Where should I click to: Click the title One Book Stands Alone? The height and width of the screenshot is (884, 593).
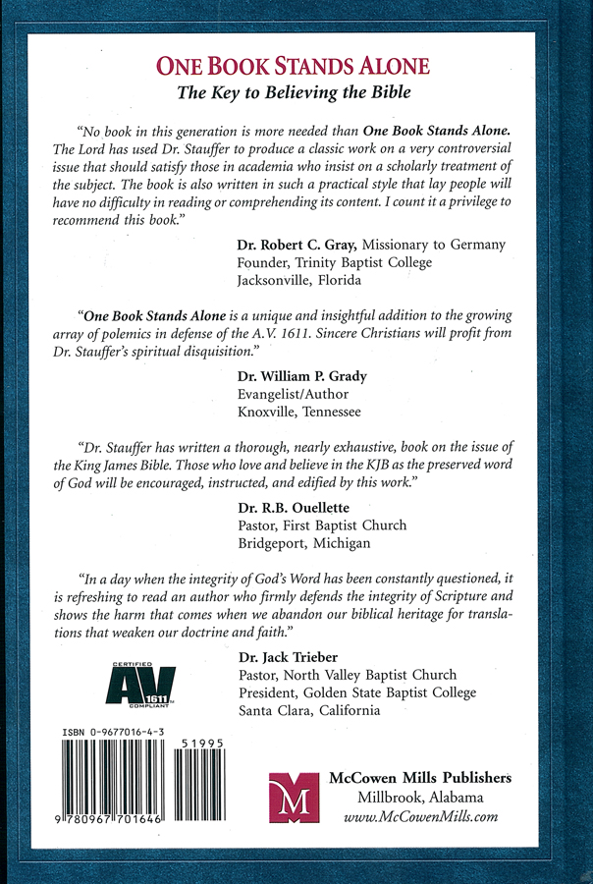tap(296, 68)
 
